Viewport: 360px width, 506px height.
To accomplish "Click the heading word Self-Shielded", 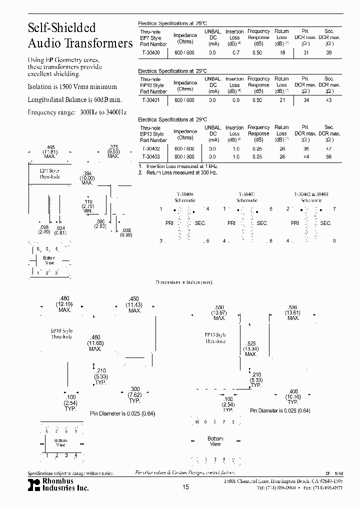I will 61,28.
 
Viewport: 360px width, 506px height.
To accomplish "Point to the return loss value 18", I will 282,52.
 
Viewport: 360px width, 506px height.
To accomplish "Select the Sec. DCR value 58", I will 328,156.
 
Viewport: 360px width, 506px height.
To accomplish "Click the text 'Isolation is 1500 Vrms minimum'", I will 72,87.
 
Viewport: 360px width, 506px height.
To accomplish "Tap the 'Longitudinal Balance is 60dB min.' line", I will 74,100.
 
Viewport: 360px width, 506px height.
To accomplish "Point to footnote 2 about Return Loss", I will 178,172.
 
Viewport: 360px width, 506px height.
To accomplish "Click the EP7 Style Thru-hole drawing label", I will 49,173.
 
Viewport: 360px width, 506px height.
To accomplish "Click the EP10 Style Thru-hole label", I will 61,333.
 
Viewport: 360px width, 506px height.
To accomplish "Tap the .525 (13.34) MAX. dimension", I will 250,349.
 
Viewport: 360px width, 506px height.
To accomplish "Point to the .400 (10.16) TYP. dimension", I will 293,396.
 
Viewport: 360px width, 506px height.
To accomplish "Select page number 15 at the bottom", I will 185,487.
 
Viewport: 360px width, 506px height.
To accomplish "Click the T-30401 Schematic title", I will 247,196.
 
